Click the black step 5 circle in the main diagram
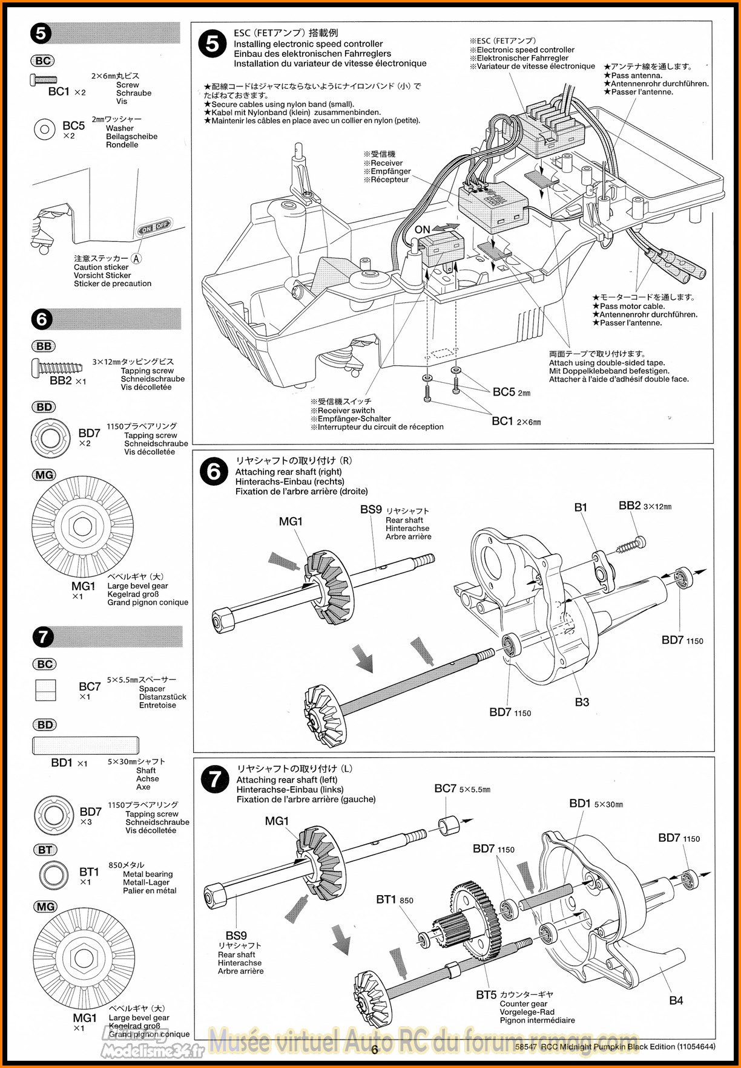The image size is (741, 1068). point(212,44)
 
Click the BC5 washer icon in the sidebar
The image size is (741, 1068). point(45,129)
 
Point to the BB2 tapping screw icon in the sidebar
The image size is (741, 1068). point(57,366)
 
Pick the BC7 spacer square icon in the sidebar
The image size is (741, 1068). point(45,690)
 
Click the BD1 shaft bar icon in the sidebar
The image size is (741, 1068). point(85,746)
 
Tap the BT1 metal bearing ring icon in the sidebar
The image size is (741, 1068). point(54,874)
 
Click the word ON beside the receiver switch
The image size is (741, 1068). point(422,230)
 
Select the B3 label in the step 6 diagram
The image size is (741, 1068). point(582,702)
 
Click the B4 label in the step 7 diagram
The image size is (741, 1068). point(676,1000)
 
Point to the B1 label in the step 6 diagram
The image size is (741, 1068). point(581,507)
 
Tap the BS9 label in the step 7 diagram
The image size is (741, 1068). point(236,936)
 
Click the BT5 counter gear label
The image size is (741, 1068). point(486,994)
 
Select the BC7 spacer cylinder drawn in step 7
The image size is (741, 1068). point(449,825)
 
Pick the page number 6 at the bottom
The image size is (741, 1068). point(375,1050)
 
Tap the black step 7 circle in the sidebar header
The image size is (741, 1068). point(43,637)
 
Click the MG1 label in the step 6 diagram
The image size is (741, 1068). point(291,521)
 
